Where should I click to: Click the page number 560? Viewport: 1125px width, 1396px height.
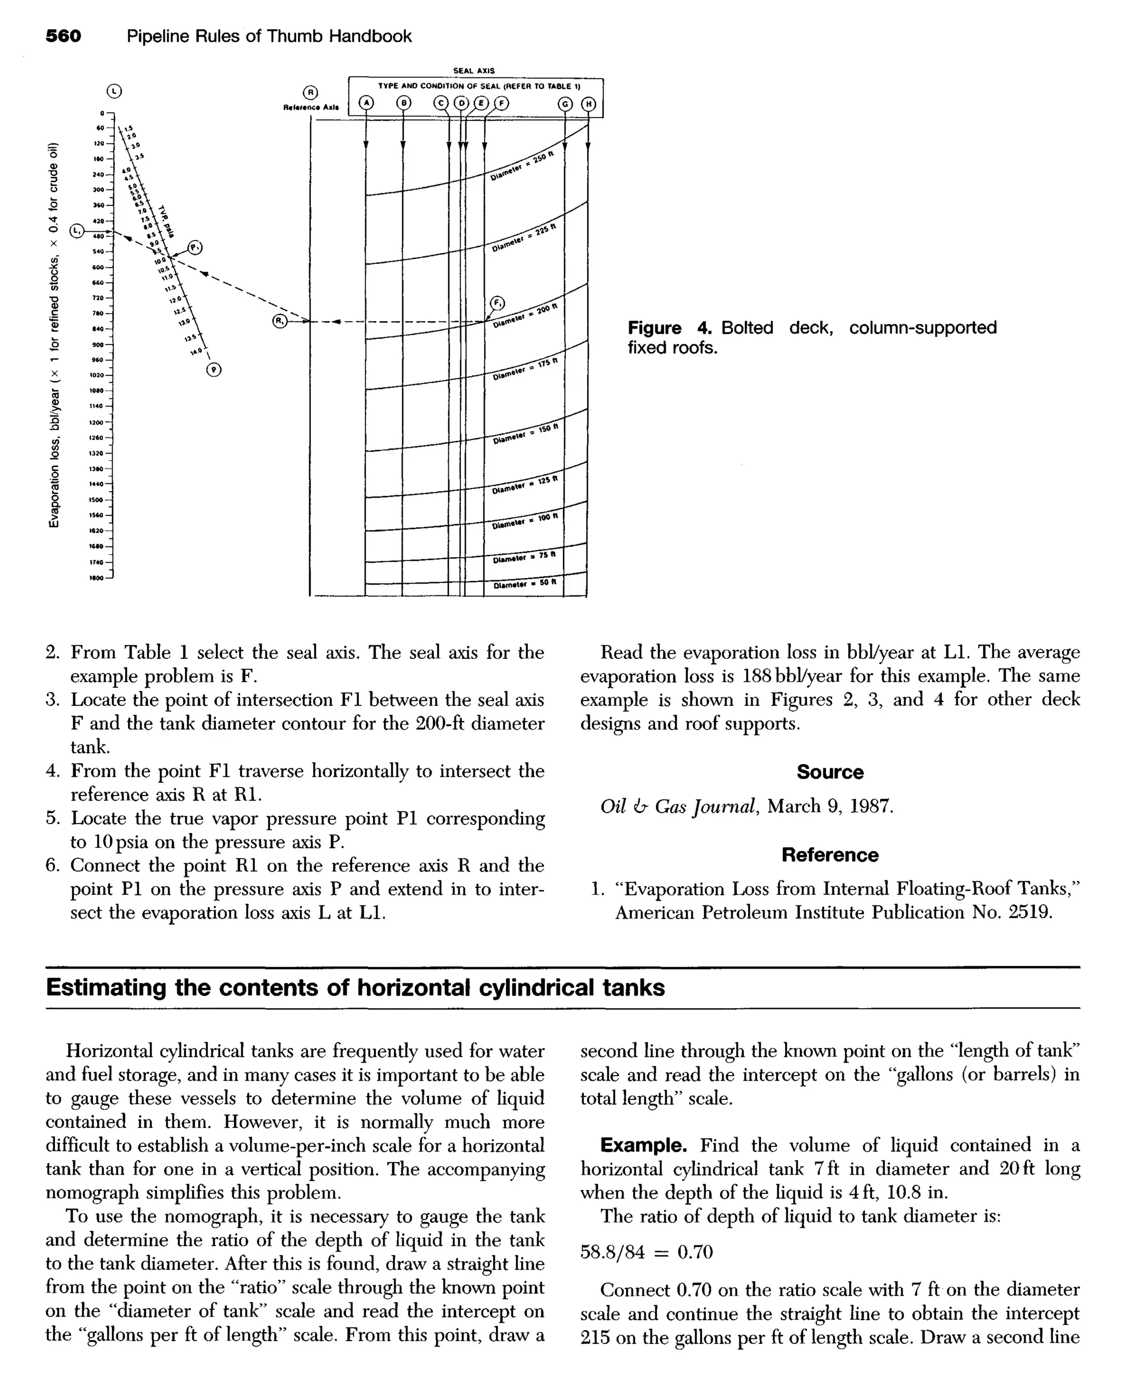(64, 36)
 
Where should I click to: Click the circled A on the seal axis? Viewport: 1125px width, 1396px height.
(367, 104)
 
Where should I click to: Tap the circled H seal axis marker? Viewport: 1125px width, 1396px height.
(588, 104)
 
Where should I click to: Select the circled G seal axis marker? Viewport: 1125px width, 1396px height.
(565, 104)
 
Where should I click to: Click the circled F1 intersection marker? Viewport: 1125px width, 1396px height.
(497, 303)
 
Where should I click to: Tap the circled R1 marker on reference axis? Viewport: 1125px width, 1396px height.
(280, 321)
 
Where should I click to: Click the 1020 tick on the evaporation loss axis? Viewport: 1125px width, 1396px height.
(98, 375)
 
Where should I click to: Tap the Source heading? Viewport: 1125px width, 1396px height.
(829, 772)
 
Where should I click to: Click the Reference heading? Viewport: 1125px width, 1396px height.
(829, 855)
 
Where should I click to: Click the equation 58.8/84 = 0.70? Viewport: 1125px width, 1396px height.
(646, 1252)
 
